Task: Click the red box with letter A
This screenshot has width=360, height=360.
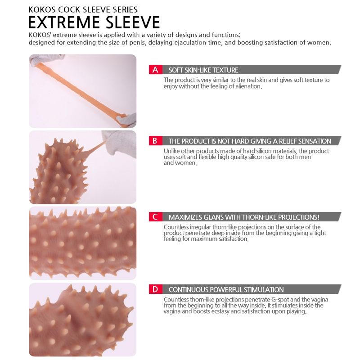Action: coord(155,70)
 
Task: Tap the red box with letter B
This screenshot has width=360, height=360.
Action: coord(155,140)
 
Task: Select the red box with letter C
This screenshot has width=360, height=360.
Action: coord(155,217)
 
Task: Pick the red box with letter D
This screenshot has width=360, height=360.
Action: coord(155,289)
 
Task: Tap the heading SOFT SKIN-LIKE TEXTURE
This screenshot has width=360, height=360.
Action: coord(203,70)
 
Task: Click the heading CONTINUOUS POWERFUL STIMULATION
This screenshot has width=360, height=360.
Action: coord(226,289)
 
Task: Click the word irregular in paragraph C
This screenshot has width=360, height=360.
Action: coord(200,227)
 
